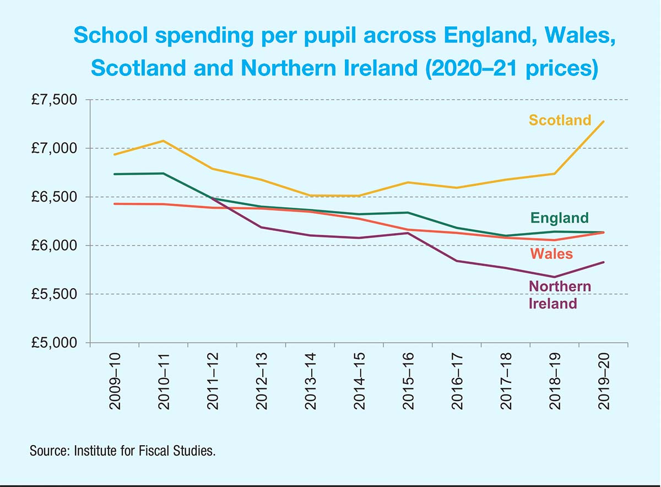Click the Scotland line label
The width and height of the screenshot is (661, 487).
[560, 120]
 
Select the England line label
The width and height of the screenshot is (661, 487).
[560, 218]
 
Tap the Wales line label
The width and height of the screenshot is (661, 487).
[551, 254]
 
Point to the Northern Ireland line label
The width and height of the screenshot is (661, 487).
[560, 295]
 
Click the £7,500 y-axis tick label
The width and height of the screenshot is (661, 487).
[53, 100]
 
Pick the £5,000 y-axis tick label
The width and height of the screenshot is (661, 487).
[53, 343]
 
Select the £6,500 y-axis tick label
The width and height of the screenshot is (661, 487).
[53, 197]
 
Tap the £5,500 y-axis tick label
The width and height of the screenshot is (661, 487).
[53, 294]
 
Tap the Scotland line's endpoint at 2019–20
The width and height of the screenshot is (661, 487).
[604, 121]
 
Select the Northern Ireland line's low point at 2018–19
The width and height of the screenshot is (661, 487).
[555, 277]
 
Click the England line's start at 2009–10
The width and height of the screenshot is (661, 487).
[115, 174]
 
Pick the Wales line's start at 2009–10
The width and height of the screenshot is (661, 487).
[115, 204]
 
